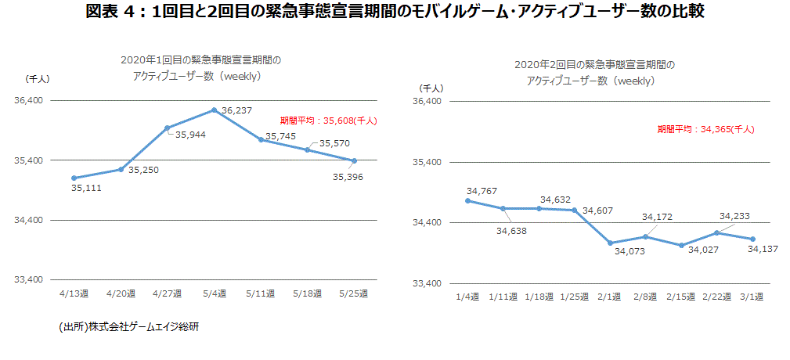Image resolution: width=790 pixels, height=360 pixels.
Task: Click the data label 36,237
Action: [x=237, y=111]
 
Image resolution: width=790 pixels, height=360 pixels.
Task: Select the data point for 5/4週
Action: [x=214, y=110]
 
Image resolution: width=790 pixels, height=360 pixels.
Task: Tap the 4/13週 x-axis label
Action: [x=74, y=293]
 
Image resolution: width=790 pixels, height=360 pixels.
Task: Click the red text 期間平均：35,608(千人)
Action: [x=329, y=121]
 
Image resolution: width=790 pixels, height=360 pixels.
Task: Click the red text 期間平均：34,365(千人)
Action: [x=705, y=129]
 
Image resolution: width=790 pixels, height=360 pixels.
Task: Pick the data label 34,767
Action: [x=482, y=191]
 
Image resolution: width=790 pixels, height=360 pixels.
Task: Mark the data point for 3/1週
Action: [x=752, y=239]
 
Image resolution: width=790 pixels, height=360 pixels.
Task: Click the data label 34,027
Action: [x=703, y=250]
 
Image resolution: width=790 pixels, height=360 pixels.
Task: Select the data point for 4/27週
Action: [x=168, y=128]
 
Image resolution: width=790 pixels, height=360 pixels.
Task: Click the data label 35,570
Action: [x=334, y=143]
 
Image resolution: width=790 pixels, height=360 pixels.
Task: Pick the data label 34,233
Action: [x=734, y=217]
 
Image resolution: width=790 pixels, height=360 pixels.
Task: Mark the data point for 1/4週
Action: [x=467, y=200]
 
